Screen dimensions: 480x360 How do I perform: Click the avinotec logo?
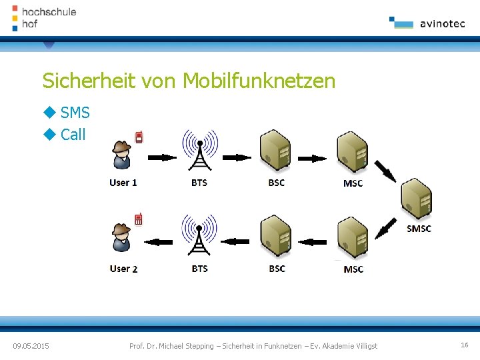[427, 23]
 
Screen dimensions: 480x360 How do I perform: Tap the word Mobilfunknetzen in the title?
[259, 81]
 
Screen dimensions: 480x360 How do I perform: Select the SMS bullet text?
[75, 113]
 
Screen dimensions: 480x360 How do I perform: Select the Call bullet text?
[73, 134]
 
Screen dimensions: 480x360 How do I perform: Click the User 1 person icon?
[121, 155]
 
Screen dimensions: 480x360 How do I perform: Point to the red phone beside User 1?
[139, 137]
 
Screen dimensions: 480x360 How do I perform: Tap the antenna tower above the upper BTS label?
[199, 150]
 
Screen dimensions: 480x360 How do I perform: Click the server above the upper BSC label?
[275, 151]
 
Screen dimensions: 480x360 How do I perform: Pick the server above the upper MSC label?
[352, 153]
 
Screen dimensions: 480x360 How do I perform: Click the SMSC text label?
[419, 229]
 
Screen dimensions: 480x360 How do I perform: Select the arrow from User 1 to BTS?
[161, 158]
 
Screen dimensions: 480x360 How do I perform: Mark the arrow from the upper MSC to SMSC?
[385, 171]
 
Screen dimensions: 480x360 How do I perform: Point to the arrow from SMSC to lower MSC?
[386, 228]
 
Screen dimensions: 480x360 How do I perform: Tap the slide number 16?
[464, 345]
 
